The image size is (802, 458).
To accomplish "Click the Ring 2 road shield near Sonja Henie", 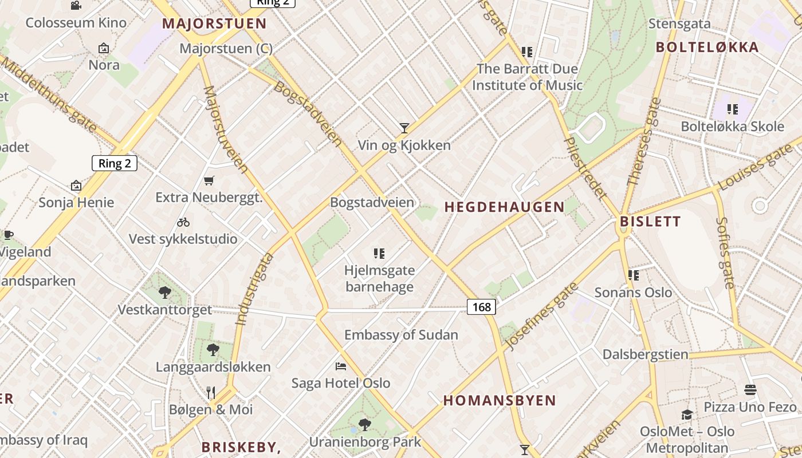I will click(x=115, y=163).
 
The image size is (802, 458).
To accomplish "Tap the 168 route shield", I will click(x=481, y=307).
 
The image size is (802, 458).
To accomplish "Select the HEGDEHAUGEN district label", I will click(x=504, y=207).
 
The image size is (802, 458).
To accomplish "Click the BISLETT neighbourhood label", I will click(x=650, y=222).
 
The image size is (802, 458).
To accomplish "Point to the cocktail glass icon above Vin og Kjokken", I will click(x=404, y=128).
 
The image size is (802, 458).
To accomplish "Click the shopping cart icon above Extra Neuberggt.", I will click(x=209, y=180).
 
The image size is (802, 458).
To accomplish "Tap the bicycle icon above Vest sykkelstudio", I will click(x=183, y=222).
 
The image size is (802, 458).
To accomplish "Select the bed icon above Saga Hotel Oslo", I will click(x=341, y=366).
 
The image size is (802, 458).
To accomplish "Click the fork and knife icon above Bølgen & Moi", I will click(x=211, y=392).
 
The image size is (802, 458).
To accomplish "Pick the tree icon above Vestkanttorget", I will click(x=165, y=293).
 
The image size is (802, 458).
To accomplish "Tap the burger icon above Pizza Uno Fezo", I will click(x=750, y=390).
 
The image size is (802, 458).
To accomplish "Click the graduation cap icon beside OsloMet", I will click(x=687, y=414).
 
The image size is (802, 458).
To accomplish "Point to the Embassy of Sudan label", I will click(x=401, y=335).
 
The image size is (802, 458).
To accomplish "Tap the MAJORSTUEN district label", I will click(x=214, y=24).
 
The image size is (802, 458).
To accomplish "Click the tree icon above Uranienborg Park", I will click(x=364, y=424).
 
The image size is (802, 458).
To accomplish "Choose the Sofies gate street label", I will click(x=725, y=252).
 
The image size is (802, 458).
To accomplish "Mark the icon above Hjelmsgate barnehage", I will click(x=379, y=253).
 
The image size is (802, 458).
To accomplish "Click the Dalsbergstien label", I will click(x=645, y=354).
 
